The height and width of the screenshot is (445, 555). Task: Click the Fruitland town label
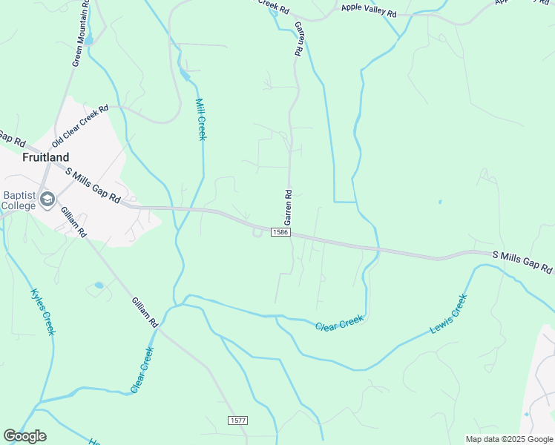tap(46, 157)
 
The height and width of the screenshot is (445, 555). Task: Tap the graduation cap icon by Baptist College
tap(48, 200)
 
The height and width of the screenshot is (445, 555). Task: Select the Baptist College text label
tap(19, 200)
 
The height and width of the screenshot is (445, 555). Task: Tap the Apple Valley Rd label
tap(369, 11)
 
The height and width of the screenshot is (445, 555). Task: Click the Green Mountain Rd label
tap(82, 34)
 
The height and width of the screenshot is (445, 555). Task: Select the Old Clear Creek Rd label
tap(80, 126)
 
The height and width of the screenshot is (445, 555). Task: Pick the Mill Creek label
tap(201, 119)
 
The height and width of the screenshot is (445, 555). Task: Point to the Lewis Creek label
tap(449, 314)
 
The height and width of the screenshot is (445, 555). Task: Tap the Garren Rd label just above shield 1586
tap(288, 207)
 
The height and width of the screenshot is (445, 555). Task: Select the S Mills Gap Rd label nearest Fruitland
tap(93, 185)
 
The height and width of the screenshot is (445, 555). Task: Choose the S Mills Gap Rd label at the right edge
tap(523, 262)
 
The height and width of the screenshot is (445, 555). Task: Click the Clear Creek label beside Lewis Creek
tap(339, 323)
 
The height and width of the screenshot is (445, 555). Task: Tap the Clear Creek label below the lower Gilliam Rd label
tap(141, 369)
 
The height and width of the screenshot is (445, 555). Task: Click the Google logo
tap(24, 436)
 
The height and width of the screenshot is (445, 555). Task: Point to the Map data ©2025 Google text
tap(508, 439)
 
